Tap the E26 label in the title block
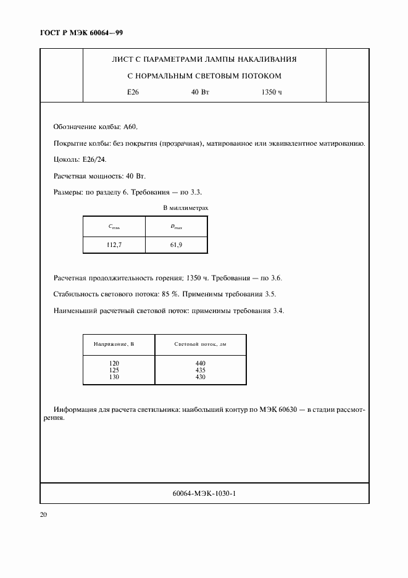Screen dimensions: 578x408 tap(134, 93)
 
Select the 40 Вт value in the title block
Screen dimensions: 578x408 tap(201, 93)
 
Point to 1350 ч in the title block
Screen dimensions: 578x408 tap(272, 93)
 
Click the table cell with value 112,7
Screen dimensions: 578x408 tap(113, 245)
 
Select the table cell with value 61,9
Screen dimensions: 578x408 tap(176, 245)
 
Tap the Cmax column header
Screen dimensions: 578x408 tap(113, 227)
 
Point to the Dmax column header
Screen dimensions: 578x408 tap(176, 227)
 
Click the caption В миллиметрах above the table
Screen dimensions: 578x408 tap(186, 209)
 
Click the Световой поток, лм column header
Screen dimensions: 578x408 tap(200, 344)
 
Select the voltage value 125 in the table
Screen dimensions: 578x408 tap(114, 370)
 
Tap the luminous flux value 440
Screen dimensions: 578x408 tap(200, 363)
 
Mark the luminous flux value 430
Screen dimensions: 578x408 tap(200, 377)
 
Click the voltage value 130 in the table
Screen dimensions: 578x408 tap(114, 377)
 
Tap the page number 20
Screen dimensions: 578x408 tap(44, 514)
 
